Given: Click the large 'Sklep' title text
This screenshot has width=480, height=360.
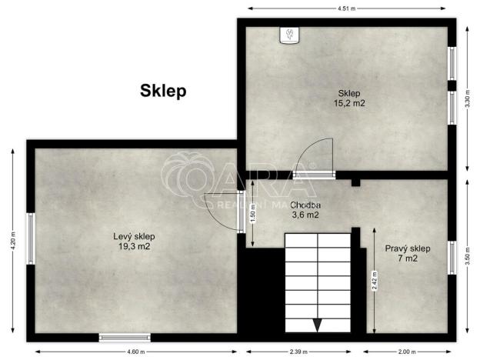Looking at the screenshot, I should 163,91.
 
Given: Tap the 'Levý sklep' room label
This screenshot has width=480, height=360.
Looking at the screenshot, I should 135,236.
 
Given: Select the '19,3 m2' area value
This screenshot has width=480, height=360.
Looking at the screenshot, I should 135,247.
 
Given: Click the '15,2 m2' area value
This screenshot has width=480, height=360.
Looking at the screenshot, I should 348,102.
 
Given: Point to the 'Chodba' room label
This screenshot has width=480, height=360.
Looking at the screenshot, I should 305,205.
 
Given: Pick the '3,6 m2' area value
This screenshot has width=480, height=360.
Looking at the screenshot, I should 305,215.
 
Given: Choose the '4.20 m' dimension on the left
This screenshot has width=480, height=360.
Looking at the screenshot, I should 12,241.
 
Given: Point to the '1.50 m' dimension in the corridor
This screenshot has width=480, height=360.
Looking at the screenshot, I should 253,212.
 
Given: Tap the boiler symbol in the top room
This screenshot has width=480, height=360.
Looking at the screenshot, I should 291,36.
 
